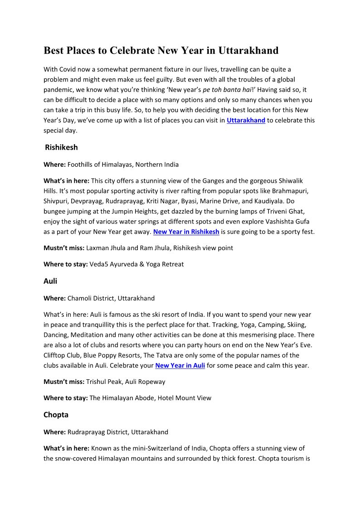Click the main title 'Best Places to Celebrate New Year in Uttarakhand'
(x=161, y=50)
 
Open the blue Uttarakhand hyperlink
(x=246, y=121)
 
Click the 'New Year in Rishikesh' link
(x=186, y=232)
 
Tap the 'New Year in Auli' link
(x=180, y=365)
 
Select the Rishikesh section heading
(x=61, y=147)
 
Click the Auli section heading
(x=50, y=281)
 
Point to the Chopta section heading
(x=56, y=415)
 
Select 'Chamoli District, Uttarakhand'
(x=111, y=298)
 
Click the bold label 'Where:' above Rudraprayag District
(x=54, y=432)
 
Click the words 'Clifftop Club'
(x=61, y=355)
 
